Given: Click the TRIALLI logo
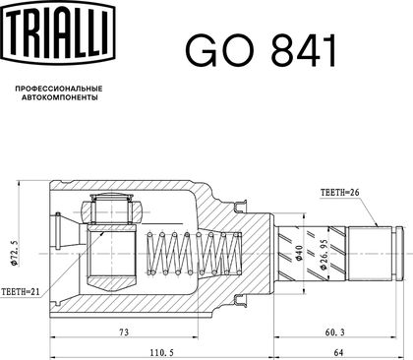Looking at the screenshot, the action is [58, 32].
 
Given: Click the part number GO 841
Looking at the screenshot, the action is [261, 50].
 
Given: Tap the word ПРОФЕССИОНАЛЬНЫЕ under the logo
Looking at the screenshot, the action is [59, 89].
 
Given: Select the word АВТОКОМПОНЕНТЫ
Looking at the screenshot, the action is [59, 97].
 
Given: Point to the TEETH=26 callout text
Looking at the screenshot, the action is [339, 193].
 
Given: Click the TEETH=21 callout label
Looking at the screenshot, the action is [21, 291].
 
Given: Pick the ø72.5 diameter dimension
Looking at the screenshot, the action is [14, 253].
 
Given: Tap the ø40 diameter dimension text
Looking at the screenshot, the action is [299, 253].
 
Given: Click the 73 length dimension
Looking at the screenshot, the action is [123, 332].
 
